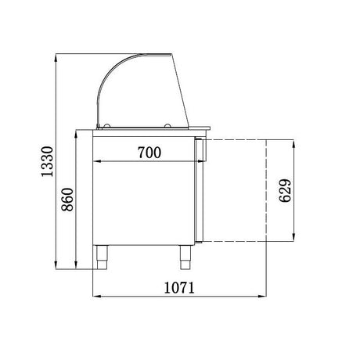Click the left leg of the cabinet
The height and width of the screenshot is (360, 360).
103,254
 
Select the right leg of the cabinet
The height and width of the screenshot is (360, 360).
185,254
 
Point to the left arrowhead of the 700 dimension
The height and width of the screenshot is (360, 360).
96,162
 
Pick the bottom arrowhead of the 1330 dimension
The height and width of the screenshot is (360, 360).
57,263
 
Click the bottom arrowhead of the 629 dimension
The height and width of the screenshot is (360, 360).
295,238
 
